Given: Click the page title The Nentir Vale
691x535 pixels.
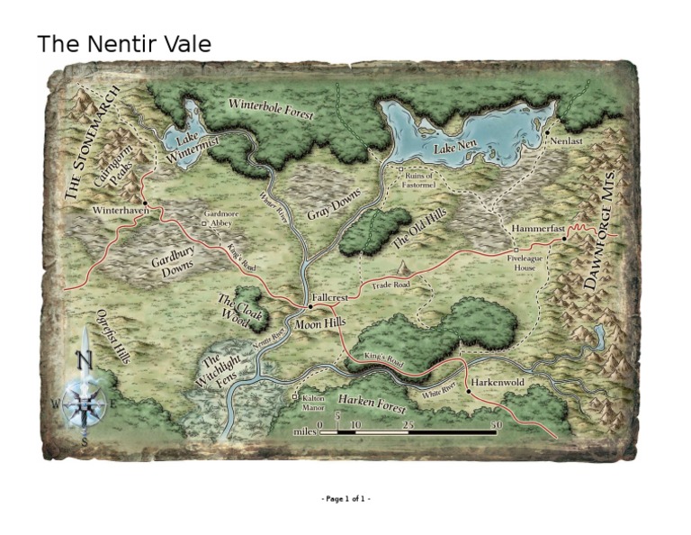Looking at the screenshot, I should point(123,43).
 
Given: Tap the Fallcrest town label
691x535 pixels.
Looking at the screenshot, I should point(328,297).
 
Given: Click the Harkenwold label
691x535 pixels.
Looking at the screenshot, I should point(497,382).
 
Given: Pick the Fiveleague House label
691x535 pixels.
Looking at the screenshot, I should point(525,262).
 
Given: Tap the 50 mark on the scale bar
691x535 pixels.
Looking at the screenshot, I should point(495,423).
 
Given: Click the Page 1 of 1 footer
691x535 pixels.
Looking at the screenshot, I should point(345,498).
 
